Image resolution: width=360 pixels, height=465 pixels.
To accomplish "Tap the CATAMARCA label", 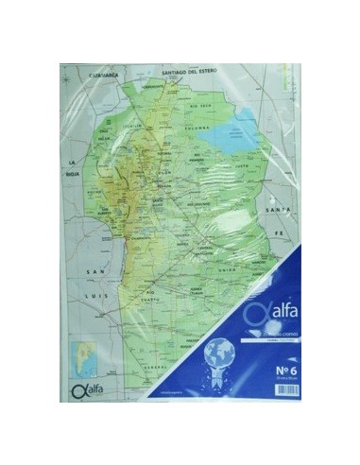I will pyautogui.click(x=107, y=74).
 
